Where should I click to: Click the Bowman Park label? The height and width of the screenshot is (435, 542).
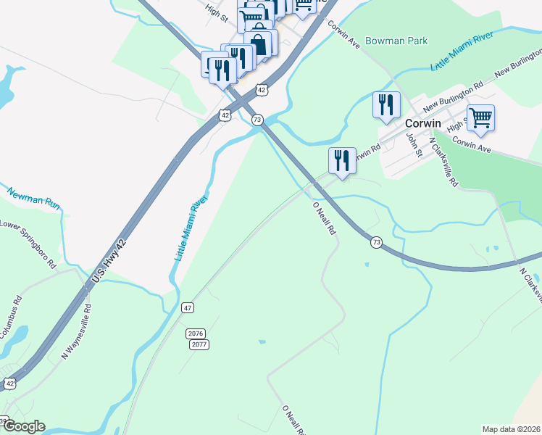tap(396, 41)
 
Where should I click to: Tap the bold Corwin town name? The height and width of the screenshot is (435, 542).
tap(424, 123)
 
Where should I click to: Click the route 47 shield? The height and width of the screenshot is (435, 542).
tap(188, 308)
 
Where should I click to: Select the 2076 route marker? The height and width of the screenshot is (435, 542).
tap(196, 333)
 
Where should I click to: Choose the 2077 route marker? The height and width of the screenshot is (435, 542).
tap(201, 344)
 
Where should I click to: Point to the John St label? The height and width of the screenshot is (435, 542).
tap(413, 144)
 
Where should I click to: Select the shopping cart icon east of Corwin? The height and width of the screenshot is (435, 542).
tap(480, 117)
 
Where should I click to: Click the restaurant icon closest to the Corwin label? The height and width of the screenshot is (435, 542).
tap(386, 104)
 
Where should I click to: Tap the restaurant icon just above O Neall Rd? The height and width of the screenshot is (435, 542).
tap(342, 159)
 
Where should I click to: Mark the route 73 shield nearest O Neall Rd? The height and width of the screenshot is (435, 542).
tap(375, 242)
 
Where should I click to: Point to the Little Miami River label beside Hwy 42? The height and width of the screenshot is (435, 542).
tap(191, 228)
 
